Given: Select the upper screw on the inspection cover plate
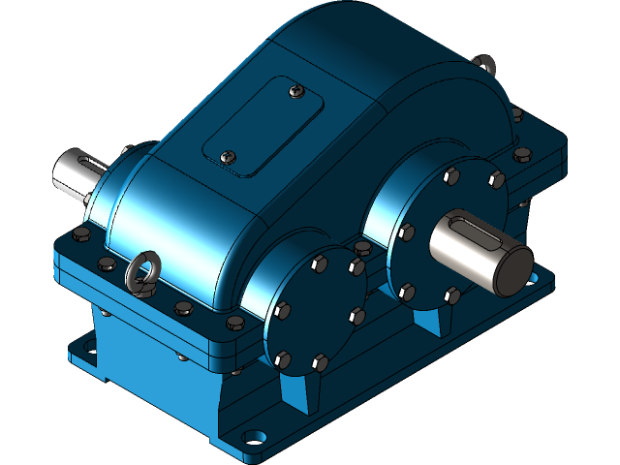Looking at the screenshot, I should click(296, 92).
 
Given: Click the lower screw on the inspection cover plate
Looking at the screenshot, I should click(229, 155).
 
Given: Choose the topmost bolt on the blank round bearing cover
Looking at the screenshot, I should click(319, 262).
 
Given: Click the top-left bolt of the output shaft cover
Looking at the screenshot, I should click(450, 175).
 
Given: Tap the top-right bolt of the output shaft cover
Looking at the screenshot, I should click(496, 179).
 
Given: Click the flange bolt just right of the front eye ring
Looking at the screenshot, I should click(183, 308).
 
